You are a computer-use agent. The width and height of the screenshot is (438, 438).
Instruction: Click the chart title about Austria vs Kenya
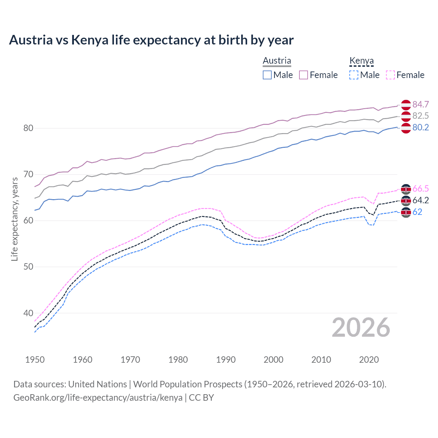151,40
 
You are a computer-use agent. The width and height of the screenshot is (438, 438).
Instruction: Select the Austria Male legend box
267,75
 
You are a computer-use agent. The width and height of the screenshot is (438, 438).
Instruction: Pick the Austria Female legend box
304,75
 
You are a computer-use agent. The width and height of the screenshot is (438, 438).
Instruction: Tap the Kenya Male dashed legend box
354,75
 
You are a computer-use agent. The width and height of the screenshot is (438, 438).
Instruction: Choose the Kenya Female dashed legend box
390,75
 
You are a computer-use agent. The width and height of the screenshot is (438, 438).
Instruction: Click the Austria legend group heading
277,61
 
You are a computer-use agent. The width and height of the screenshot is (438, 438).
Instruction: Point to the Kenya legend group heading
361,61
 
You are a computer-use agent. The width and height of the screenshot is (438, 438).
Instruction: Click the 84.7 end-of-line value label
421,104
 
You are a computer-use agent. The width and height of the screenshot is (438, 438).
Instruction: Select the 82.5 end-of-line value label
421,116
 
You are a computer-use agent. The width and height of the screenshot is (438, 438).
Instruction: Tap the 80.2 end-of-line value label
421,128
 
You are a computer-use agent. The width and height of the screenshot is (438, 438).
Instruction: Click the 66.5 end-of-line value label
421,189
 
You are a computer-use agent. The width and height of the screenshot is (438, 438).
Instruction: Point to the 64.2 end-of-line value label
421,200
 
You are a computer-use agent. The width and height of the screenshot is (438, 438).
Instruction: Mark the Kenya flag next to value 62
406,212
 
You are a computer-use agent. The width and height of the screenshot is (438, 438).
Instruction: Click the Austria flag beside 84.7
406,105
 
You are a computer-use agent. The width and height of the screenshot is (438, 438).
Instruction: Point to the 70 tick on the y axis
28,175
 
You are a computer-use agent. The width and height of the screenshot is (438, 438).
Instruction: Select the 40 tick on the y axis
28,313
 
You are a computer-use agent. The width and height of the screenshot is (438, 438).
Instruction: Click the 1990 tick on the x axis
226,360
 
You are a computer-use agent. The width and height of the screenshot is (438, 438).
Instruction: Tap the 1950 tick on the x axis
35,360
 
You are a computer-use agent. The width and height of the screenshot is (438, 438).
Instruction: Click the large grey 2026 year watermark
361,327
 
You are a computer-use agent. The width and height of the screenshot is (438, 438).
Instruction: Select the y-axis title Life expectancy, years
14,219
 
